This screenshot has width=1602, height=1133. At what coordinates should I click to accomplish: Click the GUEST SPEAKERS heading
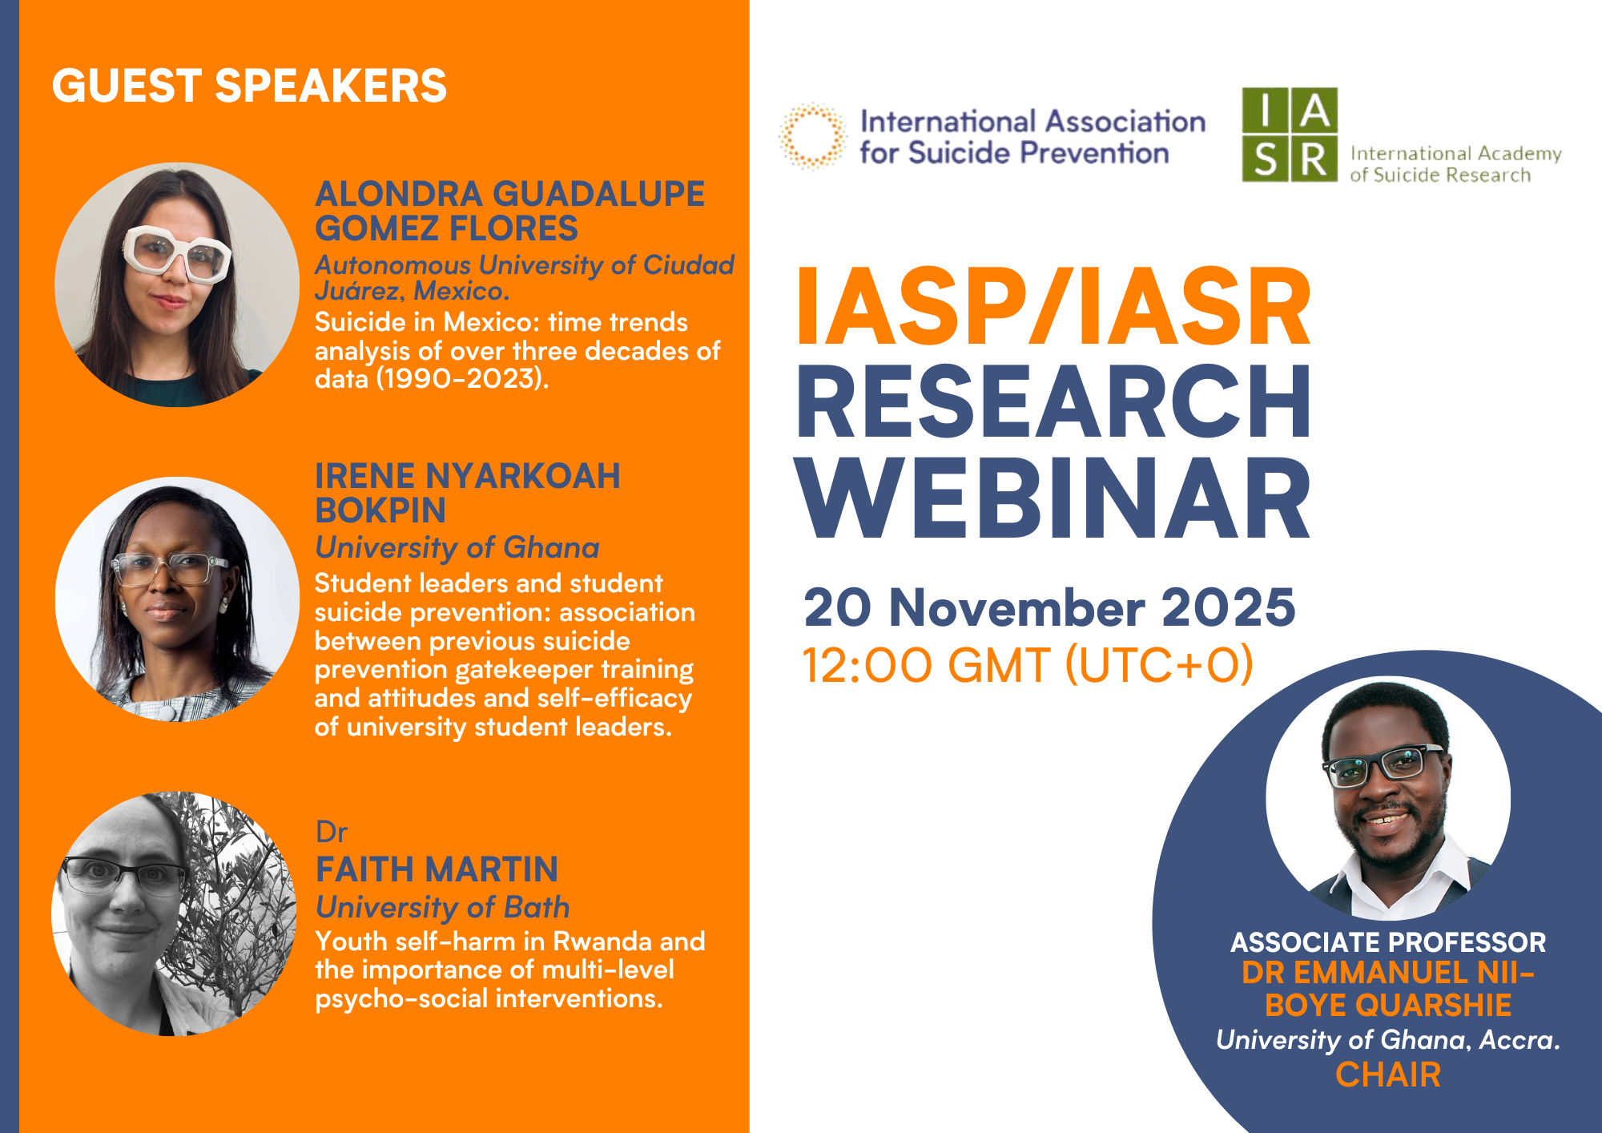click(x=249, y=86)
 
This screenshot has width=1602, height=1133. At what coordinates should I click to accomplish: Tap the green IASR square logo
click(x=1290, y=135)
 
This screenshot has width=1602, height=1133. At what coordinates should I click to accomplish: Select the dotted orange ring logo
click(x=812, y=135)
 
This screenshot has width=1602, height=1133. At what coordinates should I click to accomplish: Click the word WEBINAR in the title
click(x=1053, y=498)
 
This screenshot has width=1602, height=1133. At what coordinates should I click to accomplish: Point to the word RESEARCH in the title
click(x=1053, y=401)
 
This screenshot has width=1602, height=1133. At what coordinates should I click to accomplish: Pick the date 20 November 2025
click(x=1049, y=607)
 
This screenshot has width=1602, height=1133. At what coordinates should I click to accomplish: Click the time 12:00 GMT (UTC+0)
click(x=1028, y=665)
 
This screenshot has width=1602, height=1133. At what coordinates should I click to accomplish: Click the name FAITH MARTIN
click(x=437, y=869)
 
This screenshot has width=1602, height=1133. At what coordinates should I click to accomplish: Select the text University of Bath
click(x=442, y=907)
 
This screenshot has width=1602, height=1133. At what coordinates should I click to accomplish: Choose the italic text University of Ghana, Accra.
click(x=1388, y=1039)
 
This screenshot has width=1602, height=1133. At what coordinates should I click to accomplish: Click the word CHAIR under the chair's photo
click(x=1388, y=1075)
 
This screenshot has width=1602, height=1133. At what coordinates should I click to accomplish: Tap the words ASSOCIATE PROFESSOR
click(x=1388, y=942)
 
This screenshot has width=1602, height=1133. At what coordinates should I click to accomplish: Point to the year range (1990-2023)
click(x=462, y=378)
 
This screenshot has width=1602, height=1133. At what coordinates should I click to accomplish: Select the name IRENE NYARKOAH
click(x=467, y=476)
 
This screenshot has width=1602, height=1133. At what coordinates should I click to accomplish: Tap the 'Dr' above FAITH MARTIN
click(x=331, y=833)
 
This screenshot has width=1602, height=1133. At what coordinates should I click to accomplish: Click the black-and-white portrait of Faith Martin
click(x=174, y=913)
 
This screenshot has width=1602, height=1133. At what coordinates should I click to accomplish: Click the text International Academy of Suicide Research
click(x=1455, y=163)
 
